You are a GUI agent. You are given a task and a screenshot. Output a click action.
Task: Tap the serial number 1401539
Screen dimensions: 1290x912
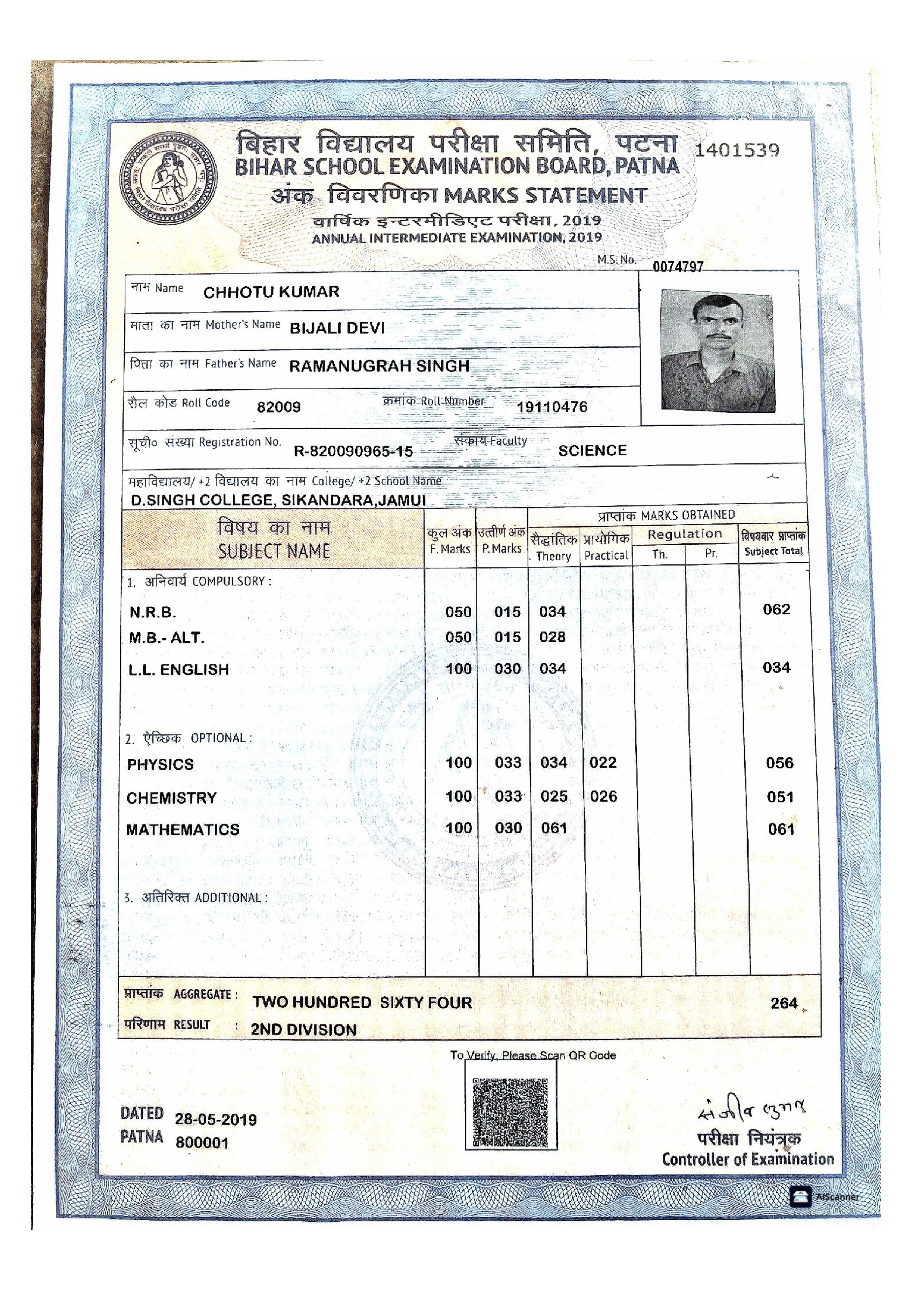point(737,151)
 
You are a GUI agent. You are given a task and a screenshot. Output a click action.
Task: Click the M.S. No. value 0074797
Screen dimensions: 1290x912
point(678,266)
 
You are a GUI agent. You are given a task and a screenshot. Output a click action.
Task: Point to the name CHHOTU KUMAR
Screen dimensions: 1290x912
point(271,292)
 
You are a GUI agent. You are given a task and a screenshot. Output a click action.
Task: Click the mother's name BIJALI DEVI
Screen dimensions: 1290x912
point(336,328)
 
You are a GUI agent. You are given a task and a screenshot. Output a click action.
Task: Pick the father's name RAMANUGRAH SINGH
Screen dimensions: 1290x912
point(379,366)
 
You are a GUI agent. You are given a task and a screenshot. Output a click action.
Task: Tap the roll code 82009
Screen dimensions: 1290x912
point(279,407)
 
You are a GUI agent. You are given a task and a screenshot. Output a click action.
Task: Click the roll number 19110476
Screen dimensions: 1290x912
point(552,406)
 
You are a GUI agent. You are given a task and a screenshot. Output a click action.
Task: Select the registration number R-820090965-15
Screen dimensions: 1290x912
point(353,451)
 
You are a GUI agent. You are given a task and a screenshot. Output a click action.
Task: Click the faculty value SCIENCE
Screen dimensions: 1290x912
point(592,451)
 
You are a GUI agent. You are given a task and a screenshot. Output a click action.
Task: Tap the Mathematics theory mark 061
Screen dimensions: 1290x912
point(554,828)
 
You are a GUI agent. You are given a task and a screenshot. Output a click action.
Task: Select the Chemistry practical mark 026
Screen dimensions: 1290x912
point(603,797)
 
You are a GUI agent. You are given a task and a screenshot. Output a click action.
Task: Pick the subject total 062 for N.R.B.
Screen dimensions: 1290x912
point(777,610)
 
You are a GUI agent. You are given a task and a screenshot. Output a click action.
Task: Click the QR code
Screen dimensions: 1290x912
point(510,1113)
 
